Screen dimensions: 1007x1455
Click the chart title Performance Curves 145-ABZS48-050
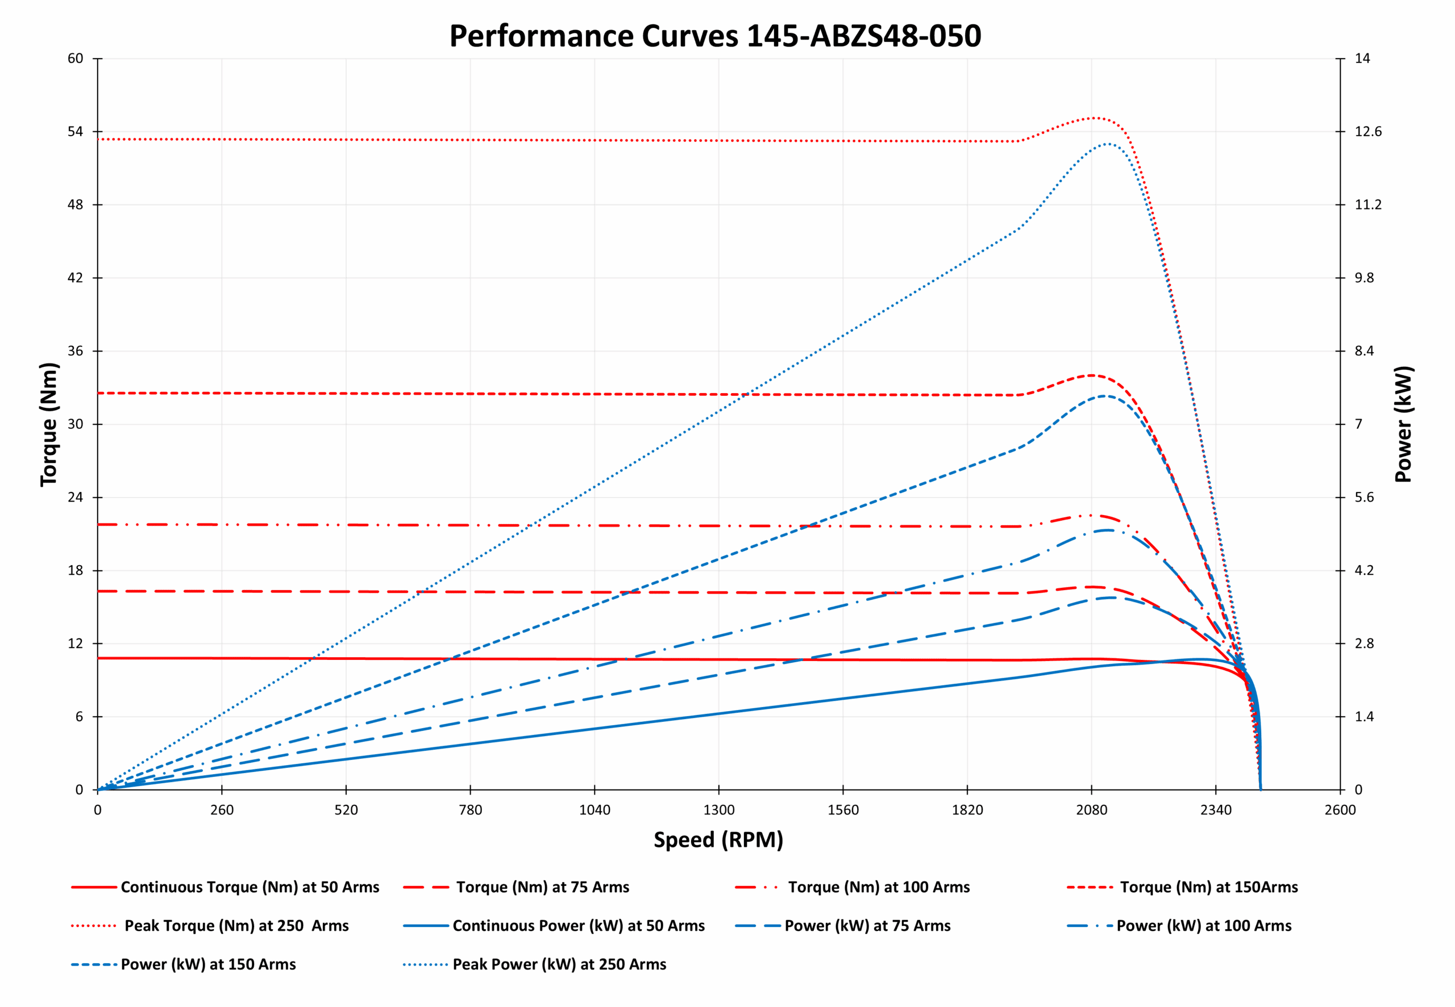coord(714,35)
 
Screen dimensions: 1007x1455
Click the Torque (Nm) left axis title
coord(49,424)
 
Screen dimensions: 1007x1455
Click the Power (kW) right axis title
coord(1403,424)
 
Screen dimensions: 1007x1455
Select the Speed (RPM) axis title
coord(718,840)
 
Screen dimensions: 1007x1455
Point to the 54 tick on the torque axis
coord(75,131)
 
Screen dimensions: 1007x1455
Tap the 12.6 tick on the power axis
coord(1367,131)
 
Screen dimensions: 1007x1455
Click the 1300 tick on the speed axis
coord(718,810)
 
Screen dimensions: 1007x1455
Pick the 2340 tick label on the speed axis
coord(1215,810)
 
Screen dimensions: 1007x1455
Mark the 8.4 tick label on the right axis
coord(1363,351)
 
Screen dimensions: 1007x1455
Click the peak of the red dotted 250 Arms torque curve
coord(1094,118)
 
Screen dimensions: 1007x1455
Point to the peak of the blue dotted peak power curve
coord(1107,144)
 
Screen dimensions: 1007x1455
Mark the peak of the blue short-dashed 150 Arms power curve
coord(1105,396)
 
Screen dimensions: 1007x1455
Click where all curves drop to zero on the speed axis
coord(1261,789)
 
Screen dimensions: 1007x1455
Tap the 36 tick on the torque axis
coord(75,351)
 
